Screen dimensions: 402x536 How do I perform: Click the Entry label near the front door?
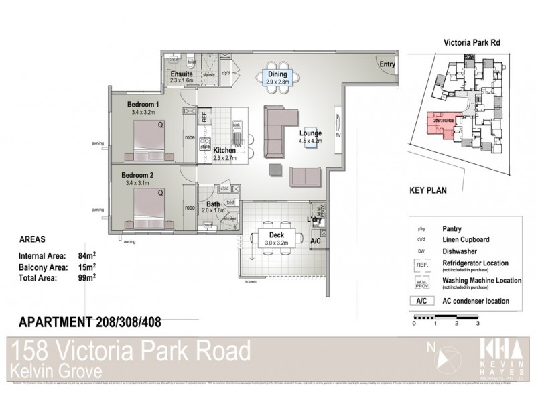click(387, 65)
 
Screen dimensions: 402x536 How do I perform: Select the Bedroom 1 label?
click(143, 105)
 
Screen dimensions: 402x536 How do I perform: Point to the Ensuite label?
click(182, 74)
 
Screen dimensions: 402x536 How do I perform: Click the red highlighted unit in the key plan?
click(442, 123)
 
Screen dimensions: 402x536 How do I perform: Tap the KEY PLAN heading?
click(427, 190)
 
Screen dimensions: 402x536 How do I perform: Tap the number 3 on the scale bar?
click(477, 323)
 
